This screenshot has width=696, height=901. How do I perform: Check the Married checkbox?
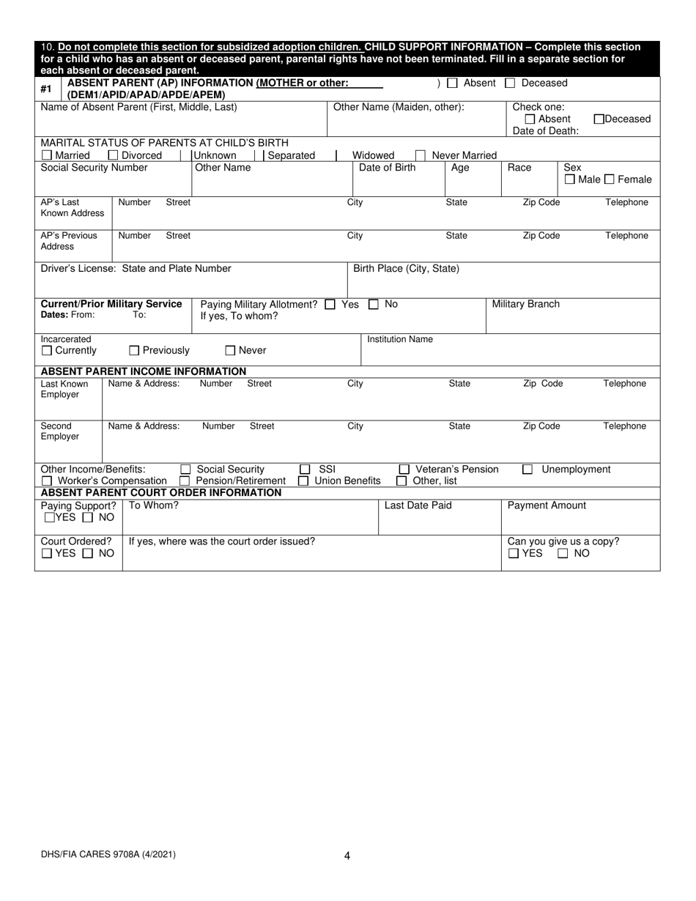(47, 155)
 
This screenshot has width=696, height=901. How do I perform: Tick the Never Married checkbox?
(421, 155)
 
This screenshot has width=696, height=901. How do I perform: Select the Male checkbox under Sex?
(570, 179)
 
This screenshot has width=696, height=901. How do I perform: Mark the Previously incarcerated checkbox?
(134, 351)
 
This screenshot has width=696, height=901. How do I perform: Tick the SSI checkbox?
(304, 470)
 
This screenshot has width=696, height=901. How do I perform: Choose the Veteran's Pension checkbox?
(404, 470)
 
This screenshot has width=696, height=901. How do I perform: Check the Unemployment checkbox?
(527, 470)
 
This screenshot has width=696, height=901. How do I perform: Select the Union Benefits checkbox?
(303, 481)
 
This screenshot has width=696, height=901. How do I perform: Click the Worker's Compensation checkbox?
(47, 481)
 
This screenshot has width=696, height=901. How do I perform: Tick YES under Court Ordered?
(47, 554)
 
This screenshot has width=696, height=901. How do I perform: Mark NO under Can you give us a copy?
(563, 554)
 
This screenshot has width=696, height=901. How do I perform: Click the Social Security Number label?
(94, 168)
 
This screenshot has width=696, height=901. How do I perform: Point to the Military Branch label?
(525, 304)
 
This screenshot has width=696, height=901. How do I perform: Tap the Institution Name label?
(400, 339)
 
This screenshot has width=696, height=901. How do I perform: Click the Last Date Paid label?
(418, 505)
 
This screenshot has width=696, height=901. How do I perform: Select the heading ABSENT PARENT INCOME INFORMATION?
(143, 371)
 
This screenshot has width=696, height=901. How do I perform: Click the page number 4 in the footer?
(347, 855)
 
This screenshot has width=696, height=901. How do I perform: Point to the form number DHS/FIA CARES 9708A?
(108, 853)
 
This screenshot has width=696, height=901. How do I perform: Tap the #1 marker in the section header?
(46, 89)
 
